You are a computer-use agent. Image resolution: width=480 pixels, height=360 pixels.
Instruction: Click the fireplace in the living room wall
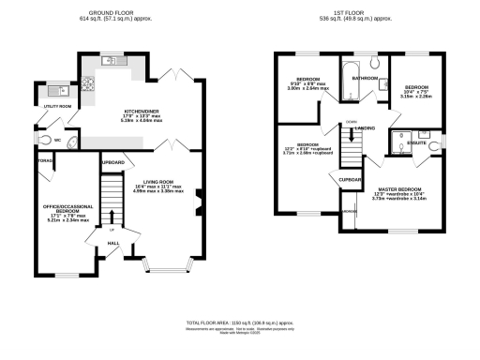[x=199, y=202]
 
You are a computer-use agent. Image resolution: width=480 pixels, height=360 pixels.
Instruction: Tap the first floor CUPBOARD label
[x=352, y=178]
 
